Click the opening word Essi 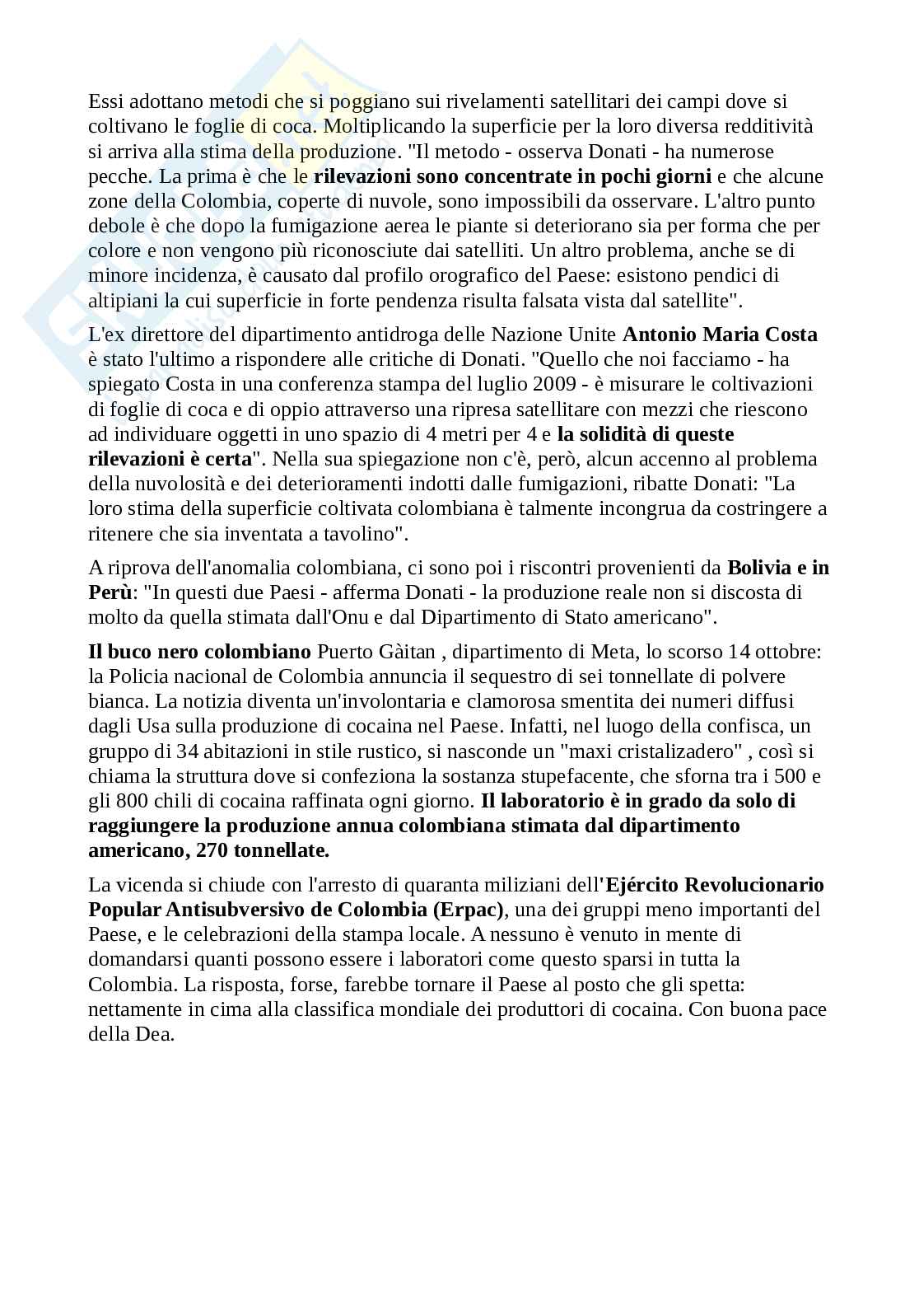click(x=103, y=101)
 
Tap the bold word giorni click(x=683, y=175)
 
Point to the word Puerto click(x=343, y=652)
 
